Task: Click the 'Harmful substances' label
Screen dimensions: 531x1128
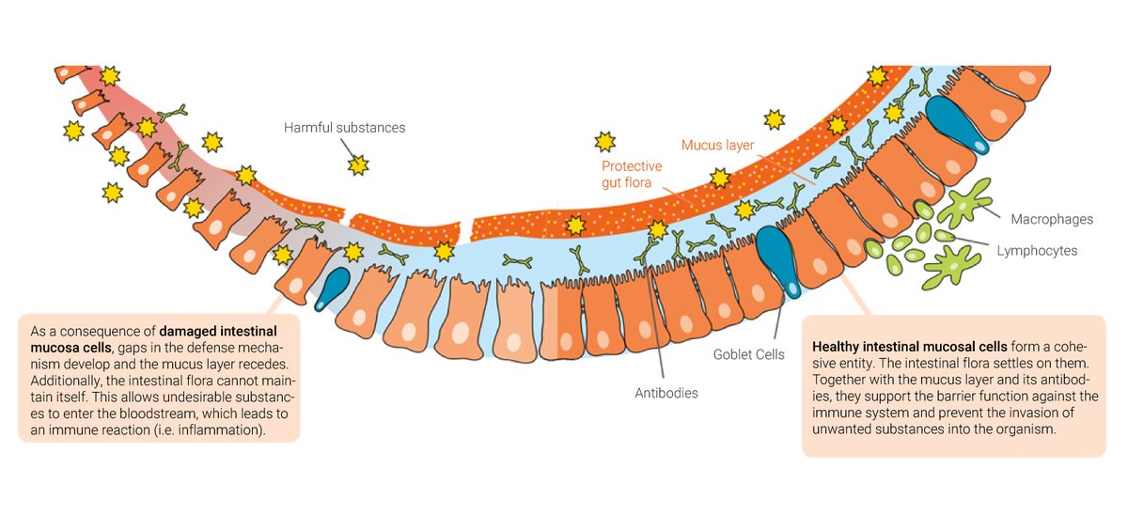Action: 344,127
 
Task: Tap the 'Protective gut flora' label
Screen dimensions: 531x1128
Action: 632,174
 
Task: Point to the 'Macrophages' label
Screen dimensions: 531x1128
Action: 1052,219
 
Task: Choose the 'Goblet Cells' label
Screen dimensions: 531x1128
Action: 749,354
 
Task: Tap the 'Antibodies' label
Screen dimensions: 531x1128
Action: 666,393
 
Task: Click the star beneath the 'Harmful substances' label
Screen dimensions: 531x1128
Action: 357,165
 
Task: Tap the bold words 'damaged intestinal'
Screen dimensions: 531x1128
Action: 217,331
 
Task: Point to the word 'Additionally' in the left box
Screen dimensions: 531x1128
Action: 65,381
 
